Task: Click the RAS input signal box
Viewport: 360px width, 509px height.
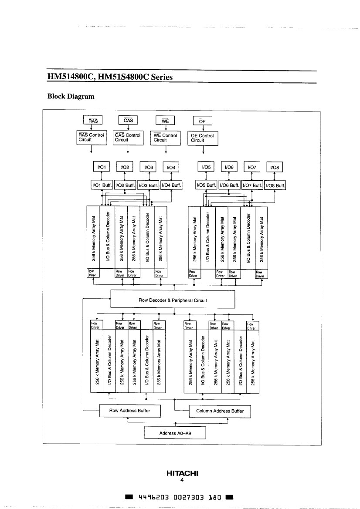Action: tap(92, 121)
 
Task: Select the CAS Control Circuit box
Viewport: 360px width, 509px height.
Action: tap(128, 138)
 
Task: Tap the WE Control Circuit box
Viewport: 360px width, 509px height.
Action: tap(165, 138)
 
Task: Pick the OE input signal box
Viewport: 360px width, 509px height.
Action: tap(202, 121)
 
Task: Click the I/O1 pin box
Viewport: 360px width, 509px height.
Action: tap(102, 167)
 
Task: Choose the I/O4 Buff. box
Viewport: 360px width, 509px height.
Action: tap(171, 185)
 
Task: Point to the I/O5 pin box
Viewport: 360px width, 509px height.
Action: tap(206, 167)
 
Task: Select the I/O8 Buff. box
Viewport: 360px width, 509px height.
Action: tap(275, 185)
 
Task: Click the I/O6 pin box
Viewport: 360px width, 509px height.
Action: tap(229, 167)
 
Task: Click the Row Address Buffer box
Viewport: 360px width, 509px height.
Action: tap(129, 411)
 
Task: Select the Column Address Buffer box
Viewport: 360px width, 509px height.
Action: tap(220, 411)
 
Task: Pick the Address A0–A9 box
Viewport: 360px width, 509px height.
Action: tap(175, 433)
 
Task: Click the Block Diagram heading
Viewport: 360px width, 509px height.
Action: tap(71, 96)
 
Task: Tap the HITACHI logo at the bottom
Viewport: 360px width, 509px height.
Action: tap(182, 473)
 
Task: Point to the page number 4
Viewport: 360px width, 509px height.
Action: tap(182, 480)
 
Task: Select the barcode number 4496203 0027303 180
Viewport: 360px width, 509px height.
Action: tap(180, 497)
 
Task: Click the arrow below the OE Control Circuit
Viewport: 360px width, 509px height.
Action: tap(203, 149)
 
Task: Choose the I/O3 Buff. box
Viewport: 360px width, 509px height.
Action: tap(148, 185)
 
